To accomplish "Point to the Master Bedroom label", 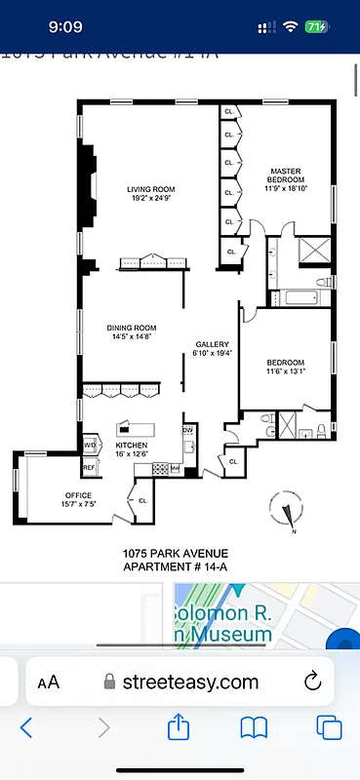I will point(287,175).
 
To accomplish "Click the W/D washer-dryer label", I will point(90,445).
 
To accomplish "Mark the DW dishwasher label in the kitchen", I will point(187,429).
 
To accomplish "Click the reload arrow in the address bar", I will point(313,681).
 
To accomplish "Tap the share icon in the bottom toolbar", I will point(179,727).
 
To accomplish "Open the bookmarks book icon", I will point(255,727).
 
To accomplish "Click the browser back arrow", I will point(27,727).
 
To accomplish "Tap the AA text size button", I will point(48,682).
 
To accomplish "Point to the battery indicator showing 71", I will point(315,27).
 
